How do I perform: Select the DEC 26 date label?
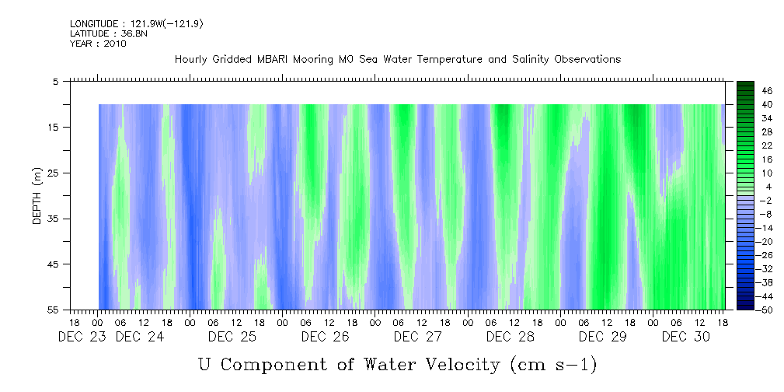(325, 337)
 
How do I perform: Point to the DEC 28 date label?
(510, 337)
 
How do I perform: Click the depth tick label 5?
(56, 81)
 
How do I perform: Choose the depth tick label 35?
(54, 219)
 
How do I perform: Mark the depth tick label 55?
(54, 310)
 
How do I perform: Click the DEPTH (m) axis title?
(37, 195)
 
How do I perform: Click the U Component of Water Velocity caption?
(397, 364)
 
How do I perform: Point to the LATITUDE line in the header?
(109, 33)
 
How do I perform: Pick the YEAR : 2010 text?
(98, 44)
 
